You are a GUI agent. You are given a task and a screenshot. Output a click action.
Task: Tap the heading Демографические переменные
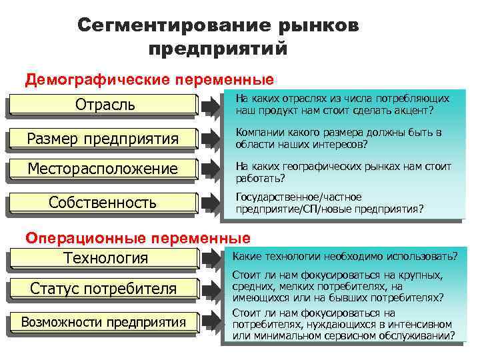click(x=149, y=80)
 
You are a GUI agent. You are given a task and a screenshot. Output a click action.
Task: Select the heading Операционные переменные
click(x=138, y=237)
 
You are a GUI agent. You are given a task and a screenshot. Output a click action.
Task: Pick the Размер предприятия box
click(x=103, y=138)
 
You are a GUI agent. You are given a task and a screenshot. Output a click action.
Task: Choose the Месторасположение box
click(x=103, y=169)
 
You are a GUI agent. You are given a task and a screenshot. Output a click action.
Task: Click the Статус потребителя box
click(x=103, y=289)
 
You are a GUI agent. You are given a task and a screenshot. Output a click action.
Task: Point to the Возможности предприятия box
click(x=103, y=323)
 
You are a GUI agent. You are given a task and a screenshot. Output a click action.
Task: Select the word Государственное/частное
click(x=299, y=197)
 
